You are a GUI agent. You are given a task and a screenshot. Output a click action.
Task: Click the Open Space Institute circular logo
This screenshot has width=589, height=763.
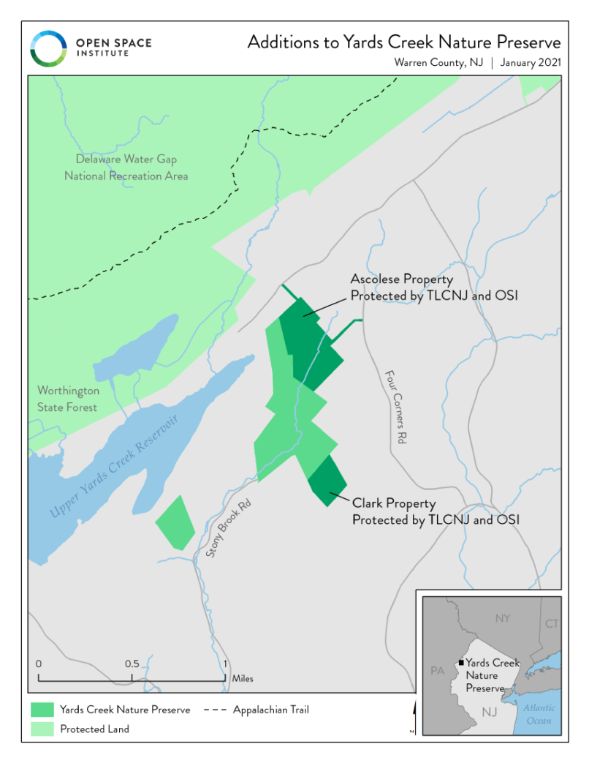48,48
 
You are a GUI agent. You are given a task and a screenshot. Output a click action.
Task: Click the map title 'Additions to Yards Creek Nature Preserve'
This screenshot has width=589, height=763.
403,42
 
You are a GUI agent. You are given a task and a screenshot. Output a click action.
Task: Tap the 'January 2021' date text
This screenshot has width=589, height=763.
531,63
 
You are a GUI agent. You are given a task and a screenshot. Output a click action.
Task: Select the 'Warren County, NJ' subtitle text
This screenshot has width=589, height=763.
440,63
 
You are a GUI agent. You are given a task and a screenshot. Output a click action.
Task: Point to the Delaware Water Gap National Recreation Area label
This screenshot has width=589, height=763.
126,168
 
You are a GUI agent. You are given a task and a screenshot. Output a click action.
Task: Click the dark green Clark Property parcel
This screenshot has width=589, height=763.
327,480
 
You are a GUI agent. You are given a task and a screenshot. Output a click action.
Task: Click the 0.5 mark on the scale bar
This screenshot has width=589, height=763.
132,664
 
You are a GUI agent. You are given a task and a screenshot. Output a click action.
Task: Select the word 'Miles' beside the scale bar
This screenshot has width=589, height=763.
243,679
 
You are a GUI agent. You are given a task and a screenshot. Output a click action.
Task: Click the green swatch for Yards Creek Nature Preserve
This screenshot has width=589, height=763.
42,710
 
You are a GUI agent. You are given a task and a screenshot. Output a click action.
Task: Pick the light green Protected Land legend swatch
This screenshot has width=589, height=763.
42,729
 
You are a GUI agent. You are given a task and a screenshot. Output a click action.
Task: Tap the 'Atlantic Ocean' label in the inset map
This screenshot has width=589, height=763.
539,714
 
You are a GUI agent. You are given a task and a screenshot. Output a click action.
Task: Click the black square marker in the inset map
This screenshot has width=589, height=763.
461,663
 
